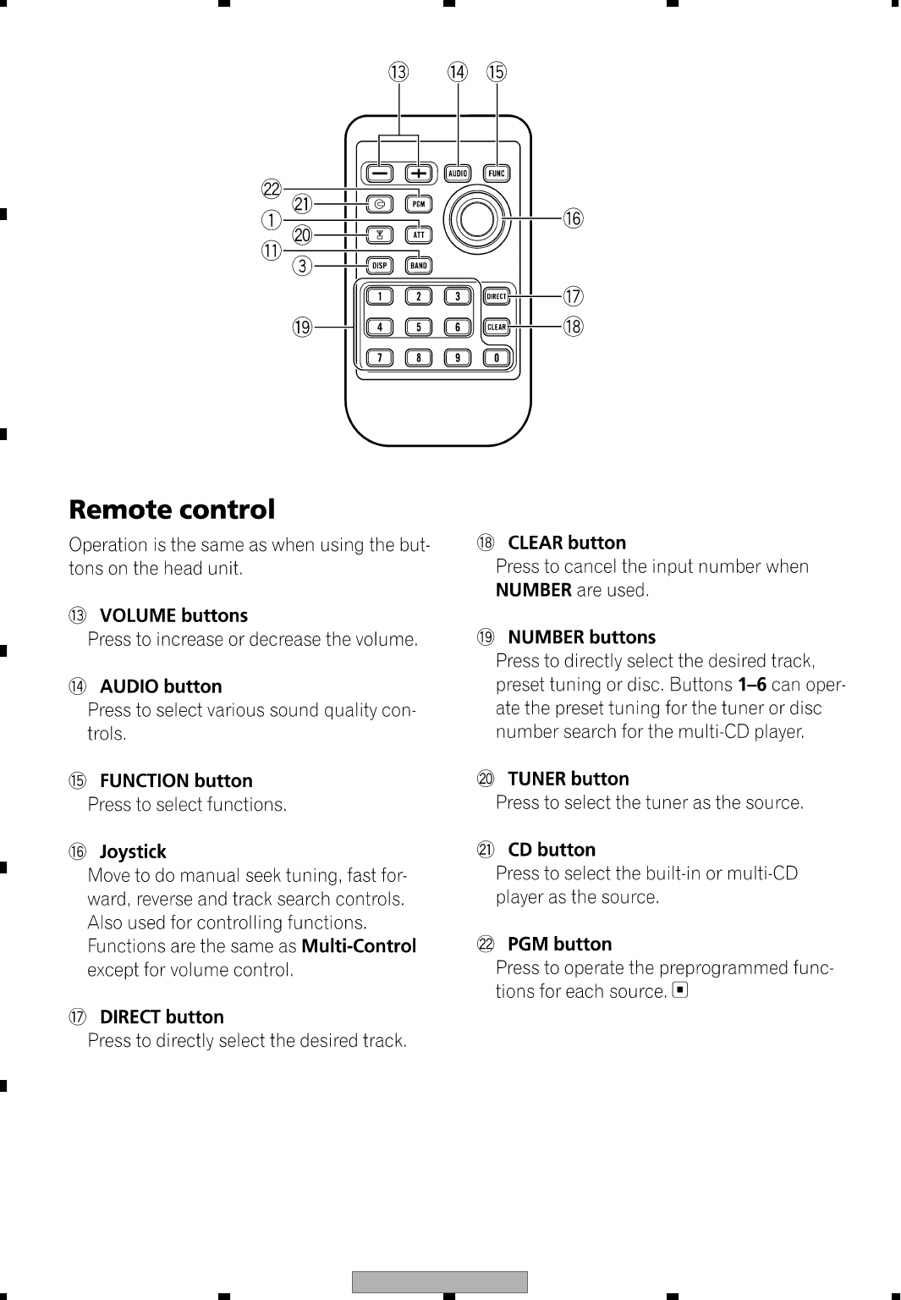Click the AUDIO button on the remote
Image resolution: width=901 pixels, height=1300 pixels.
(458, 174)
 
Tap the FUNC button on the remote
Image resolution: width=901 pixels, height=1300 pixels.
(497, 174)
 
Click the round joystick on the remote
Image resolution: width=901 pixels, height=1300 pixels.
(476, 219)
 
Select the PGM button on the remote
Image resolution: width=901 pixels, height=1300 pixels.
(419, 204)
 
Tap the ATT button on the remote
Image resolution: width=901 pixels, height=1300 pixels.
(419, 234)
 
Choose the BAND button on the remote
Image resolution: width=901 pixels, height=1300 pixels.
(419, 266)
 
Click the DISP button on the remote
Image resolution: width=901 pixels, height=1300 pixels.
(380, 266)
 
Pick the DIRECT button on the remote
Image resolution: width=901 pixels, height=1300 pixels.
(497, 296)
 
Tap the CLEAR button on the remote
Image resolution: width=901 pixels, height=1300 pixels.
(497, 327)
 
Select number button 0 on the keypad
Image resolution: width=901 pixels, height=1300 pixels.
(497, 358)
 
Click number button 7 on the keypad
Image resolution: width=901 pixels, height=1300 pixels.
(380, 358)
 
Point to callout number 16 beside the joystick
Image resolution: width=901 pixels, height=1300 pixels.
(574, 219)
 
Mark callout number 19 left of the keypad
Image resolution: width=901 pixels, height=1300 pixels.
(302, 327)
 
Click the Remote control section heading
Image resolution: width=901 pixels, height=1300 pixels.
(172, 510)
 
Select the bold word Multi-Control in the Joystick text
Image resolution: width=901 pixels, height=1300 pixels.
(359, 945)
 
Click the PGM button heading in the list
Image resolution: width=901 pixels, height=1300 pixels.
(559, 944)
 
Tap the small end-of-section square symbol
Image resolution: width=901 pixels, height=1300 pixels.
(679, 989)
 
